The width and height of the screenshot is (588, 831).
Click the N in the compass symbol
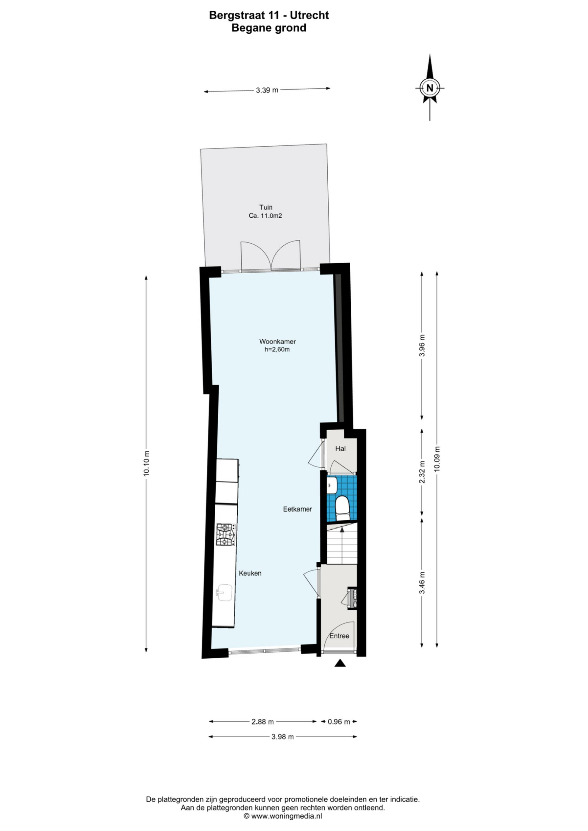pos(430,88)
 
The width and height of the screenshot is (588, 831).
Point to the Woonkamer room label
pos(277,341)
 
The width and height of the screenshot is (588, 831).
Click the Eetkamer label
pos(297,509)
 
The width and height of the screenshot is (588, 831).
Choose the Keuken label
pos(250,573)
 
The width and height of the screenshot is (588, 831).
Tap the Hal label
pos(340,448)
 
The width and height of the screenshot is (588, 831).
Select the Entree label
pos(339,636)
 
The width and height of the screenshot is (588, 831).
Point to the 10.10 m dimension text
pos(147,463)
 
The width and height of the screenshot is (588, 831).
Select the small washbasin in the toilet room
pos(332,484)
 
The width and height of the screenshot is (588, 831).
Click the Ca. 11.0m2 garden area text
pos(266,216)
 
